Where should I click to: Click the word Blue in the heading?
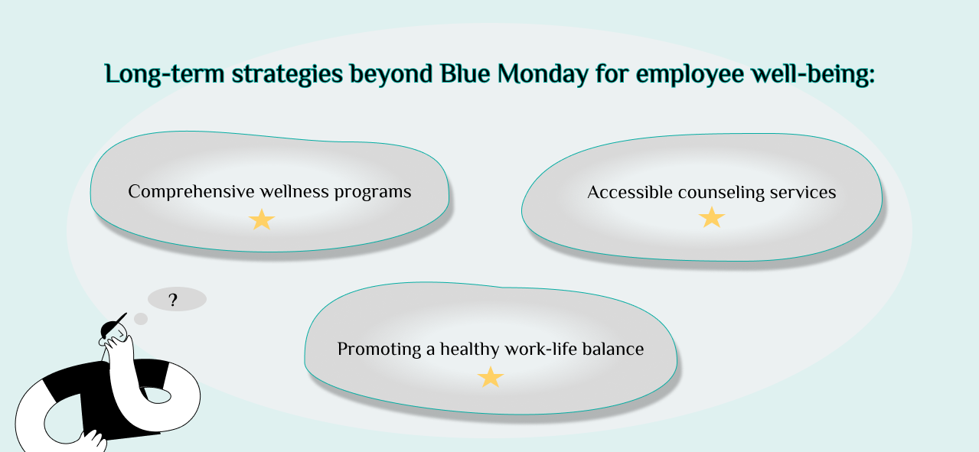(x=465, y=73)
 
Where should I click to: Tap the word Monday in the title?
(x=543, y=75)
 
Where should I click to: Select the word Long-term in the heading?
(x=165, y=74)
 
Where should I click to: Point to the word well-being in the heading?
(x=812, y=75)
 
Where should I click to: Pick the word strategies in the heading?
(x=287, y=75)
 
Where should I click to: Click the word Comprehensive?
(x=191, y=192)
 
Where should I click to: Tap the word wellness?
(x=294, y=191)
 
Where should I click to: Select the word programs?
(x=373, y=193)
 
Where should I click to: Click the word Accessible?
(x=630, y=192)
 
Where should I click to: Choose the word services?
(x=803, y=193)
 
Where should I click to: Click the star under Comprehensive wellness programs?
(x=262, y=219)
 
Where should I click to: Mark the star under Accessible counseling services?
(x=712, y=218)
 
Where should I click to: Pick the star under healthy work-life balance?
(x=491, y=377)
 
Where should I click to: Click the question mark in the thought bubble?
(x=173, y=300)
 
